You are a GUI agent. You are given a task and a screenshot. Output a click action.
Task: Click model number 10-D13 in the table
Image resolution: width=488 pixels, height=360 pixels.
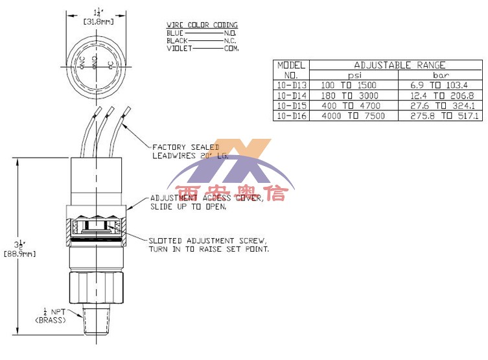pos(291,85)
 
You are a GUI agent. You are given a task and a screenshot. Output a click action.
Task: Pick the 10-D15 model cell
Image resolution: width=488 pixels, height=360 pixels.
pos(291,105)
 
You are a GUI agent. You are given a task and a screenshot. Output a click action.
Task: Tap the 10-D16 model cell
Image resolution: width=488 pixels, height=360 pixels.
pos(291,115)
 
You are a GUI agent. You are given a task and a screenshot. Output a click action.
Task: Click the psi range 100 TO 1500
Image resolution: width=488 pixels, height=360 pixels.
pos(350,85)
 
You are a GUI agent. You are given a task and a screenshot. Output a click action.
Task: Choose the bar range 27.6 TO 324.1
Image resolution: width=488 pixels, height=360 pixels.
pos(439,105)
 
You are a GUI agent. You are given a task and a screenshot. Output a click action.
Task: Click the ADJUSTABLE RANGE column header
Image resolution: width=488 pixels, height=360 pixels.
pos(399,65)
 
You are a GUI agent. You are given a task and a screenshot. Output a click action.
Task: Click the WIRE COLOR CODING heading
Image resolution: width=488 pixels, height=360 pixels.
pos(202,25)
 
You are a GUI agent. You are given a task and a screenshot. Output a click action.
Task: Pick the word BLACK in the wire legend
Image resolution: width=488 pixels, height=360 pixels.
pos(178,40)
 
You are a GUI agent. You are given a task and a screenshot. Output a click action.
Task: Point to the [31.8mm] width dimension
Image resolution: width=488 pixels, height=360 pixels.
pos(96,21)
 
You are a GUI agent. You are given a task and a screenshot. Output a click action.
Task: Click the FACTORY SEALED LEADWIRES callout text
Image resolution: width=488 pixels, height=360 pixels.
pos(185,151)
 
